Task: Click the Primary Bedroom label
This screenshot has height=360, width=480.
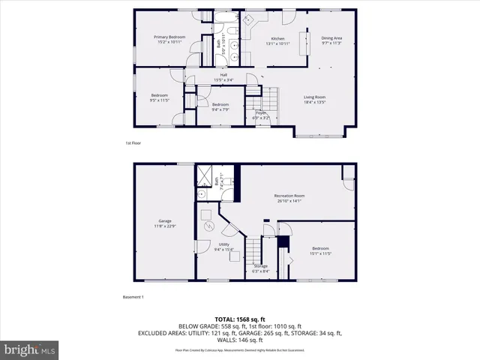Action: [x=169, y=40]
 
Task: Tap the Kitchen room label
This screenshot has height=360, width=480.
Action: [x=277, y=40]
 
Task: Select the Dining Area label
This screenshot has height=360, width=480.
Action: [x=331, y=40]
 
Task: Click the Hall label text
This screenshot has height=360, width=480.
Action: [x=223, y=76]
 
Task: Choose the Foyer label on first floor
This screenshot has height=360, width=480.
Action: [x=261, y=115]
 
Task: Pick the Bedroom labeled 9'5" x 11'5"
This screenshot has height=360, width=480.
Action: [x=160, y=97]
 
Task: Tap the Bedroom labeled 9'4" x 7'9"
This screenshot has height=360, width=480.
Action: [x=220, y=106]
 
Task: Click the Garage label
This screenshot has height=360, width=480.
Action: [x=165, y=223]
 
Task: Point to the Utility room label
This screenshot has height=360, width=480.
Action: [x=224, y=247]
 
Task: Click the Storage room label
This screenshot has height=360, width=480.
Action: [x=260, y=268]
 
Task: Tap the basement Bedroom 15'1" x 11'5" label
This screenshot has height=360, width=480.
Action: [x=320, y=250]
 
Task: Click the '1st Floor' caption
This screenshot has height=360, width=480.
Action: [x=133, y=143]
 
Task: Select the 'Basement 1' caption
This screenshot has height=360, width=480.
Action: [x=133, y=297]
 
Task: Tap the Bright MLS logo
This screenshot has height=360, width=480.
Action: [x=30, y=349]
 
